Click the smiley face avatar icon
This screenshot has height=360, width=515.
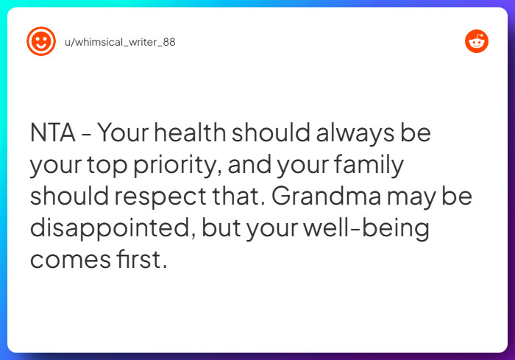coord(40,41)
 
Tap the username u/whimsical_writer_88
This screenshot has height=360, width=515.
coord(120,42)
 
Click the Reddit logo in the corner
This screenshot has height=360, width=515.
coord(477,41)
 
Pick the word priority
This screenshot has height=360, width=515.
coord(176,166)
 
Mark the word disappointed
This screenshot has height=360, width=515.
coord(109,229)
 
